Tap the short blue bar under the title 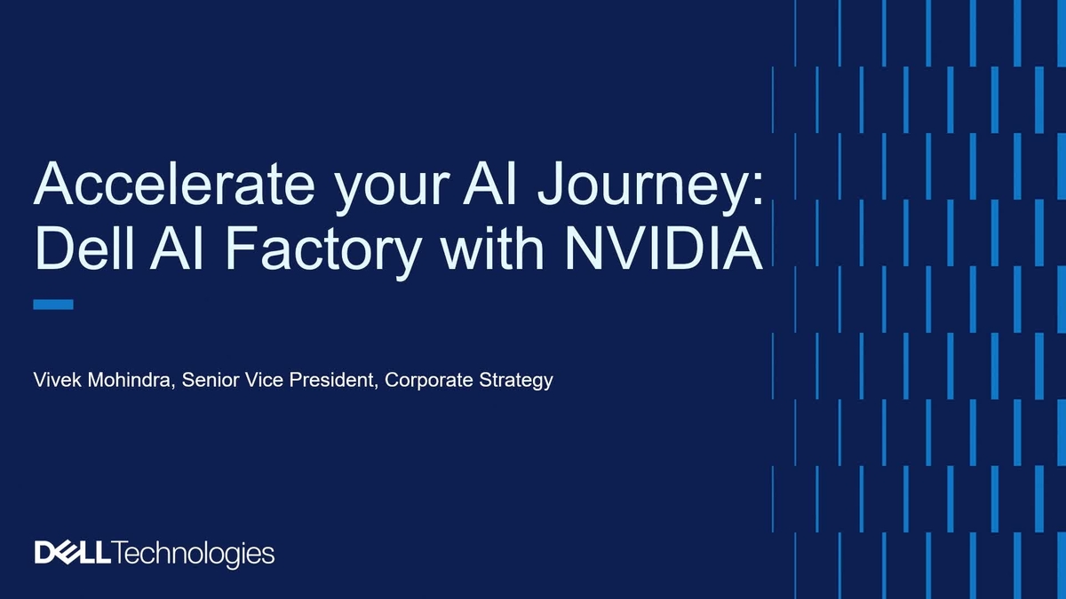pyautogui.click(x=52, y=304)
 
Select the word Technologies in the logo pyautogui.click(x=193, y=553)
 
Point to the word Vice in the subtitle pyautogui.click(x=260, y=381)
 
